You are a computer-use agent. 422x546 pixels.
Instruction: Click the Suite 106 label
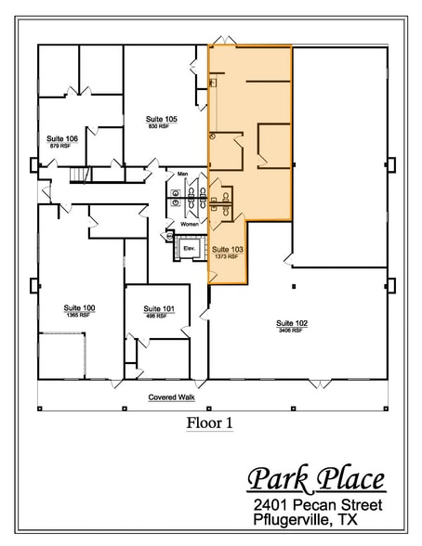click(62, 138)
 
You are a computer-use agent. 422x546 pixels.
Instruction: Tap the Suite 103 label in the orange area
click(227, 250)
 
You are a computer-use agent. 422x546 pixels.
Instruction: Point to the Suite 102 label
click(291, 323)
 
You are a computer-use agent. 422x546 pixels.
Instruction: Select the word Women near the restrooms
click(190, 224)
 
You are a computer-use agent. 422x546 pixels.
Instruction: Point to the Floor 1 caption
click(209, 423)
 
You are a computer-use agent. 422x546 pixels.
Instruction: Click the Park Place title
click(316, 480)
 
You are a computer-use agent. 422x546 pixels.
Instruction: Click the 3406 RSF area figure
click(291, 331)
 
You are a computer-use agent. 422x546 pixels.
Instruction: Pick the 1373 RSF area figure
click(227, 257)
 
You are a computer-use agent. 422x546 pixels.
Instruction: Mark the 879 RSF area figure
click(60, 146)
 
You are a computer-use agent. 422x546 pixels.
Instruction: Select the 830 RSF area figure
click(157, 126)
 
